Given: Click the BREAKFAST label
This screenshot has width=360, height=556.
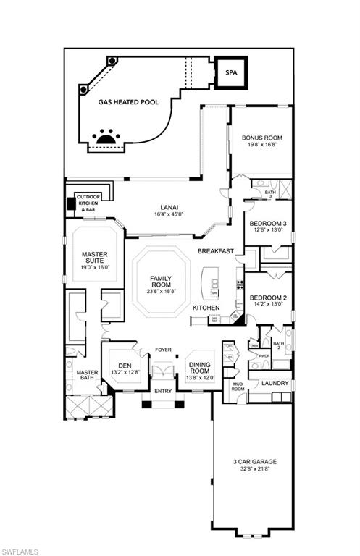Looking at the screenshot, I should click(x=215, y=251).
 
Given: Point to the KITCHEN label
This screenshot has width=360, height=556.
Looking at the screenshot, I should click(x=206, y=308).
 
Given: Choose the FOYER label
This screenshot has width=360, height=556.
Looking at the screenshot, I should click(x=163, y=350).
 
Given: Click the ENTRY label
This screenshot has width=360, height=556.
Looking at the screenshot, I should click(x=164, y=392).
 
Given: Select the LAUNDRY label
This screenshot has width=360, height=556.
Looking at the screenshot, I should click(x=276, y=383).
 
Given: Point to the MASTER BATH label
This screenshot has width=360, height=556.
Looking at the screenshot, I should click(x=87, y=376).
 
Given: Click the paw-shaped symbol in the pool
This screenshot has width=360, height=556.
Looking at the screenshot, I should click(x=106, y=137).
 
